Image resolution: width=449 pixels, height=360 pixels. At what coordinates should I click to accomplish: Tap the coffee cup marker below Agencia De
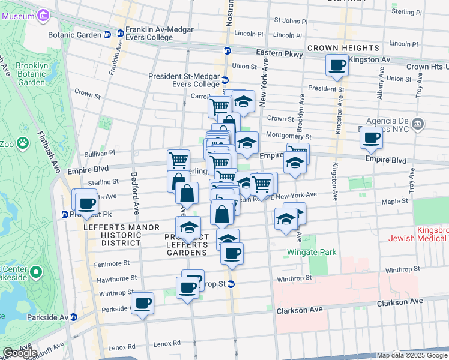pos(371,138)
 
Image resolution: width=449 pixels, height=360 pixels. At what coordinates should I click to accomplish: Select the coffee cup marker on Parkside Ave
pos(143,303)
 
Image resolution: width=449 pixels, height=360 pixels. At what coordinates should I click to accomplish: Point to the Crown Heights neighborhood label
pos(343,48)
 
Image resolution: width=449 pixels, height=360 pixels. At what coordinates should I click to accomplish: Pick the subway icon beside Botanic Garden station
pos(107,34)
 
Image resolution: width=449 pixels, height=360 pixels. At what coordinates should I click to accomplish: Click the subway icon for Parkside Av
pos(73,317)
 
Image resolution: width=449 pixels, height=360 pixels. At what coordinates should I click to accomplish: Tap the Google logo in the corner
pos(20,352)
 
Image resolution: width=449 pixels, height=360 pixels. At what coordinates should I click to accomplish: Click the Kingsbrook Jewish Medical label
pos(427,234)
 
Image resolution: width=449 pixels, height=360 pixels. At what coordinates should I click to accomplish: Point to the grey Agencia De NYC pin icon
pos(419,124)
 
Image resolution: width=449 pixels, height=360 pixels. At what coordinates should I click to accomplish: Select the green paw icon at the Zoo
pos(23,143)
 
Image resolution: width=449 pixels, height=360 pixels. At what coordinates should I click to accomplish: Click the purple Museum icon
pos(43,16)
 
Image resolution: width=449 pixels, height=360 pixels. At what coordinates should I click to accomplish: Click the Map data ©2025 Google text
pos(411,355)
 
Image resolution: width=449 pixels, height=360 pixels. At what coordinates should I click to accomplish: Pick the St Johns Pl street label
pos(291,21)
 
